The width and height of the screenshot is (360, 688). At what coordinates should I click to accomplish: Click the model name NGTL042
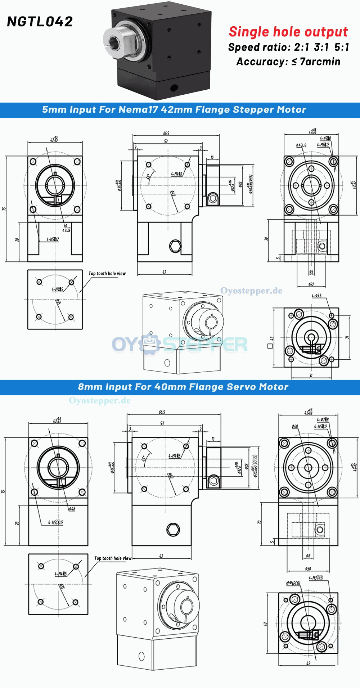tap(40, 22)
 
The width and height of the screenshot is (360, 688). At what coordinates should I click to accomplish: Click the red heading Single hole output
tap(288, 32)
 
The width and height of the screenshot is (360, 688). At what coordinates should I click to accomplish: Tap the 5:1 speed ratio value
tap(341, 47)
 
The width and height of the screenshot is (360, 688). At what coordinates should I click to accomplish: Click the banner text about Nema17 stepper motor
tap(174, 110)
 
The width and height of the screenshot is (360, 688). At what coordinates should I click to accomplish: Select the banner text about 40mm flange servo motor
tap(183, 387)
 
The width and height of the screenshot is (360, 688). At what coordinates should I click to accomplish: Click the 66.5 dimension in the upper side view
tap(166, 133)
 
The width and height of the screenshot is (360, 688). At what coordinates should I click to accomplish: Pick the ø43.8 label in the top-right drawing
tap(301, 145)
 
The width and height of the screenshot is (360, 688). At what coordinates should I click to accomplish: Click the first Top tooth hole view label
tap(107, 274)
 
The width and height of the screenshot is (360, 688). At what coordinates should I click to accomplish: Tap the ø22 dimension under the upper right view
tap(311, 284)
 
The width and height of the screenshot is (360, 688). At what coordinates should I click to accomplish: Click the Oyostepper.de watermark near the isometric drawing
tap(251, 291)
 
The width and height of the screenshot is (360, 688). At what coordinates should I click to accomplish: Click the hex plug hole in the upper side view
tap(175, 246)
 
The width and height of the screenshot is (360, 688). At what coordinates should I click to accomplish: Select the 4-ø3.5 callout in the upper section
tap(316, 296)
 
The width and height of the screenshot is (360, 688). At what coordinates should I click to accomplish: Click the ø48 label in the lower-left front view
tap(72, 509)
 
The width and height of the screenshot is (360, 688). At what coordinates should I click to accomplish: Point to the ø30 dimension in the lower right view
tap(308, 568)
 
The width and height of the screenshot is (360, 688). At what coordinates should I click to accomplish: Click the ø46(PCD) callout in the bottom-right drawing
tap(293, 583)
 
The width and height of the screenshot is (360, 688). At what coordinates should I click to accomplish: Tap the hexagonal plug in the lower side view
tap(173, 530)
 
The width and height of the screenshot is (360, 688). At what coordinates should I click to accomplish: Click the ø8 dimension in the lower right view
tap(308, 556)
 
